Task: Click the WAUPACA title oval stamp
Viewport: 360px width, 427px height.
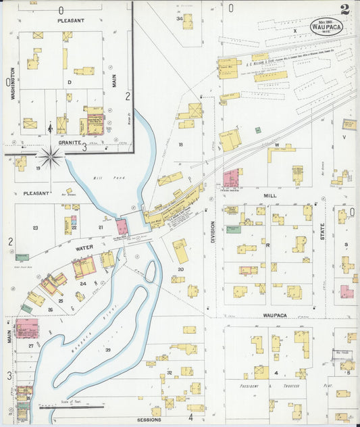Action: [x=326, y=27]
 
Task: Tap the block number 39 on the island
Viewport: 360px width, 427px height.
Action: [x=108, y=349]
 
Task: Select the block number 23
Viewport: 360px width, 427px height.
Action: [x=34, y=228]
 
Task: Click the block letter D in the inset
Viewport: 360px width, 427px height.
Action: [x=69, y=82]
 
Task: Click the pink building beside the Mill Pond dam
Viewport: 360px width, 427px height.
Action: [x=122, y=226]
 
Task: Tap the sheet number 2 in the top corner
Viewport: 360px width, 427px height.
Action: [x=345, y=9]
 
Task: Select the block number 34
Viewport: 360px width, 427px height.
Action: [x=180, y=18]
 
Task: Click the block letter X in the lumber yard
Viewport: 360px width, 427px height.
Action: [x=295, y=31]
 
